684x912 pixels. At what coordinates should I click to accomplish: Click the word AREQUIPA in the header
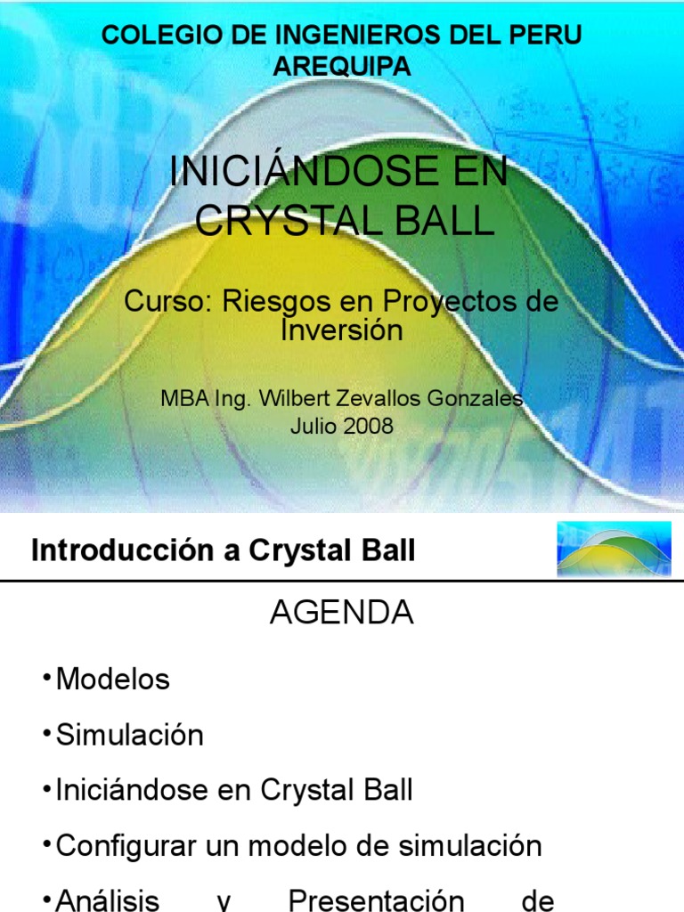coord(342,65)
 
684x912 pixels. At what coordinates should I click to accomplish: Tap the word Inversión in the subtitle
coord(342,330)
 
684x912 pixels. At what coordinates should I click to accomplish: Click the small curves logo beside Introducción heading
coord(613,550)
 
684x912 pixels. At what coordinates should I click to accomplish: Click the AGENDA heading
coord(342,613)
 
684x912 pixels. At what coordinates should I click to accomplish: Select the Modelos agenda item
coord(112,680)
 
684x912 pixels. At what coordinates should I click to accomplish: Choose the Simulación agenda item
coord(129,735)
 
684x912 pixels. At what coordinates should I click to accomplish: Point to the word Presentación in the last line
coord(376,900)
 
